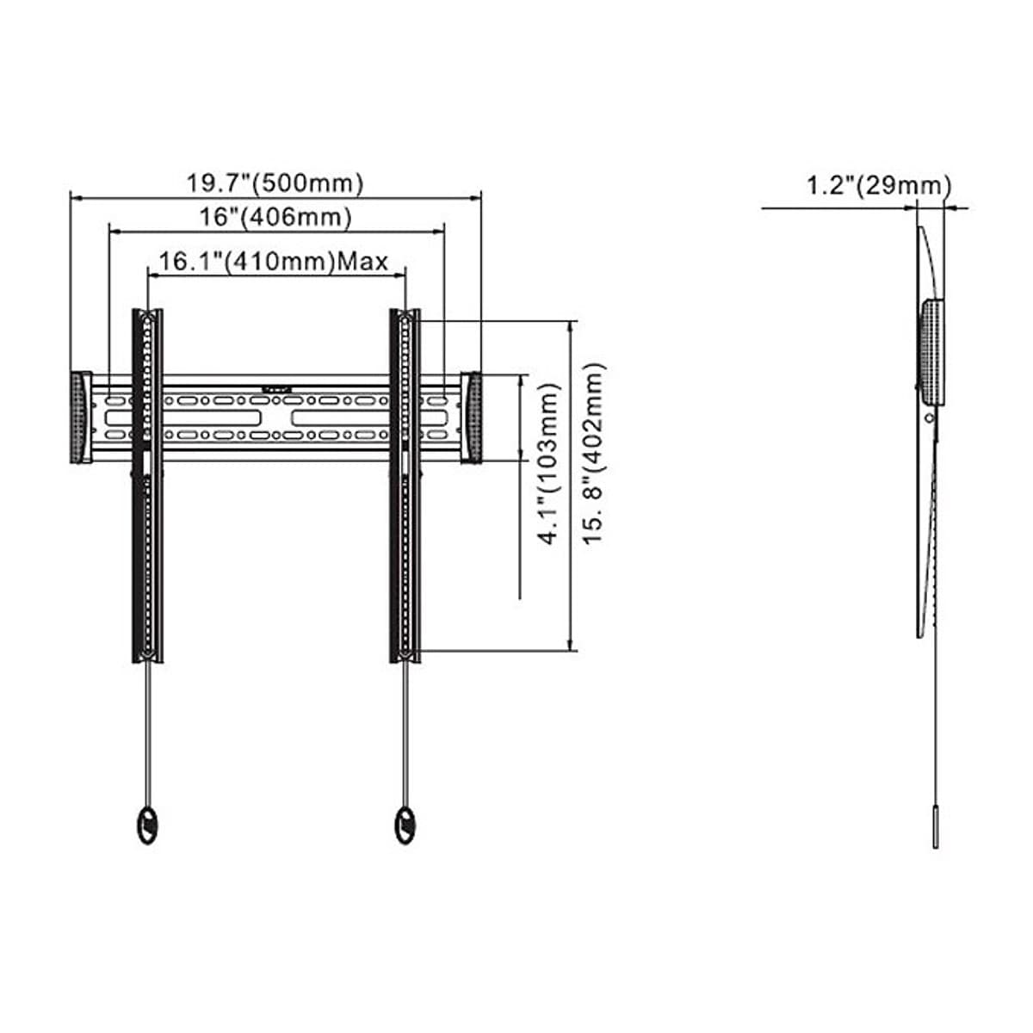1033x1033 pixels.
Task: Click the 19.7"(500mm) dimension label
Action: click(275, 183)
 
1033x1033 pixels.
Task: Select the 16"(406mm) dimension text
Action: click(275, 217)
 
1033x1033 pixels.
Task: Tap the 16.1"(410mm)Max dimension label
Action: click(274, 262)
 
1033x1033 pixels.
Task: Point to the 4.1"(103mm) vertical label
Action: click(549, 464)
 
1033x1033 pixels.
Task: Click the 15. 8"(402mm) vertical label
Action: click(594, 454)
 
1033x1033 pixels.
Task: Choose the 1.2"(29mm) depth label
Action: click(879, 185)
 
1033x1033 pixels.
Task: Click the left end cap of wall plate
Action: click(80, 417)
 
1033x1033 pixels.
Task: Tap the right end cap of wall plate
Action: click(471, 417)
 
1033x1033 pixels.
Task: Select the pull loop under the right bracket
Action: click(405, 826)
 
